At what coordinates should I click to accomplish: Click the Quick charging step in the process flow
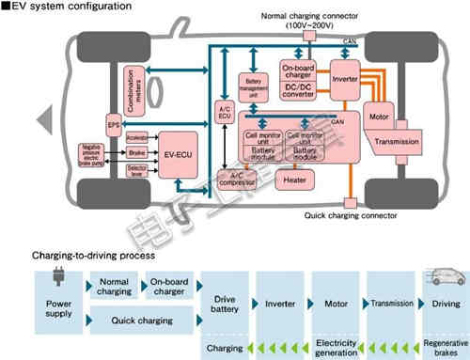click(142, 321)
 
